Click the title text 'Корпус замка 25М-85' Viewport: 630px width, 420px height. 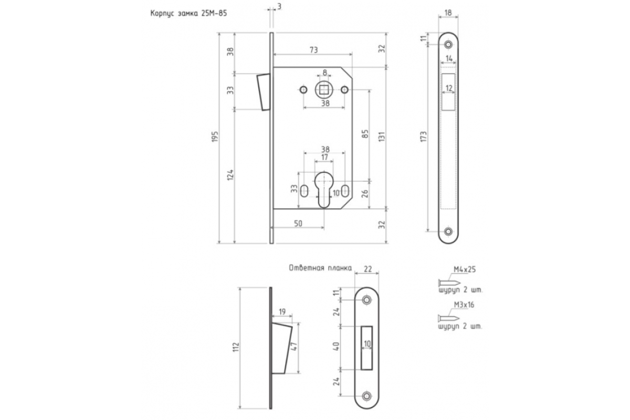188,14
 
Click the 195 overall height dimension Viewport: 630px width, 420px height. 215,136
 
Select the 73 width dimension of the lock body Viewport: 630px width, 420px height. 313,50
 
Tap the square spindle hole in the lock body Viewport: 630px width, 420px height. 324,90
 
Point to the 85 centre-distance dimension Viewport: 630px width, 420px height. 365,134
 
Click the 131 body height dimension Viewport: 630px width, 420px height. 382,136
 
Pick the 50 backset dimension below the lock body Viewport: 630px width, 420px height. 298,224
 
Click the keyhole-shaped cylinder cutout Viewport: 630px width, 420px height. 324,190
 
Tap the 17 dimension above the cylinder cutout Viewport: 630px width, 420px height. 324,157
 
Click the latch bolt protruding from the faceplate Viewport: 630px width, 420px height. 264,92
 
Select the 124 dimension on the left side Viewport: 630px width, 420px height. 230,175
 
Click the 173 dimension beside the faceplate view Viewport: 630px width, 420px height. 424,136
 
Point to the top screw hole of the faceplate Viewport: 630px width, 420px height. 448,45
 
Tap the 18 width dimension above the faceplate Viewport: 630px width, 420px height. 448,13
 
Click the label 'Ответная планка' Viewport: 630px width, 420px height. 320,268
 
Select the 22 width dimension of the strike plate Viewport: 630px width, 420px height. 367,269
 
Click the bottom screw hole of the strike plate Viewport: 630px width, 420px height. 366,396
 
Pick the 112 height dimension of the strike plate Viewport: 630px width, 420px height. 236,346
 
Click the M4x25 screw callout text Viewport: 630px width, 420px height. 464,269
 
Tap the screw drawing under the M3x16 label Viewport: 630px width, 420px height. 449,319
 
